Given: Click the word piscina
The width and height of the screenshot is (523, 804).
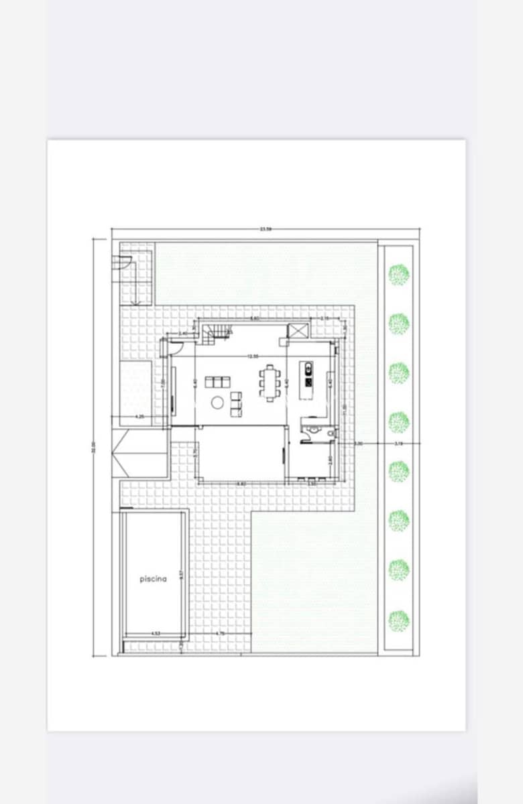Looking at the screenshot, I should coord(153,579).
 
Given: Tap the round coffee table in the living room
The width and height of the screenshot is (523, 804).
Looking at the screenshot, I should coord(217,403).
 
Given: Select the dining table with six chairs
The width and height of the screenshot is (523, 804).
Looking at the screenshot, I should coord(270,382).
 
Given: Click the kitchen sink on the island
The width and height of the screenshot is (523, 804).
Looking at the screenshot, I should coord(308,367).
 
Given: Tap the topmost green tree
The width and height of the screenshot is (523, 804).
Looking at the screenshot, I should coord(399,274).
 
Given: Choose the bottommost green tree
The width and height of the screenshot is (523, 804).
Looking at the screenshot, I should coord(399,620).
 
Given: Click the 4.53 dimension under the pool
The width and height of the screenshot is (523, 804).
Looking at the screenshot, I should coord(156,633).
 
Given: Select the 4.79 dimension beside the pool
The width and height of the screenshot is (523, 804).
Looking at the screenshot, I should coord(220,633).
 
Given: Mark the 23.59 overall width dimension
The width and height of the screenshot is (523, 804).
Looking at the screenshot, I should coord(266,229).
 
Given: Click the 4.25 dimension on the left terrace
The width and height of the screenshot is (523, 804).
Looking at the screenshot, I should coord(139,417).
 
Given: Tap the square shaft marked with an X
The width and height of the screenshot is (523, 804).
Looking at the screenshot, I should coord(298,330).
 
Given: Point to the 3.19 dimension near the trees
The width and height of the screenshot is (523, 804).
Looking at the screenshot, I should coord(398,444).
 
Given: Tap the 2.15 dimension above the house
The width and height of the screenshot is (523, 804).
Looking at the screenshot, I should coord(325,318).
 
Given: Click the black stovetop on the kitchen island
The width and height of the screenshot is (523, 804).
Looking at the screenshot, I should coord(308,383).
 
